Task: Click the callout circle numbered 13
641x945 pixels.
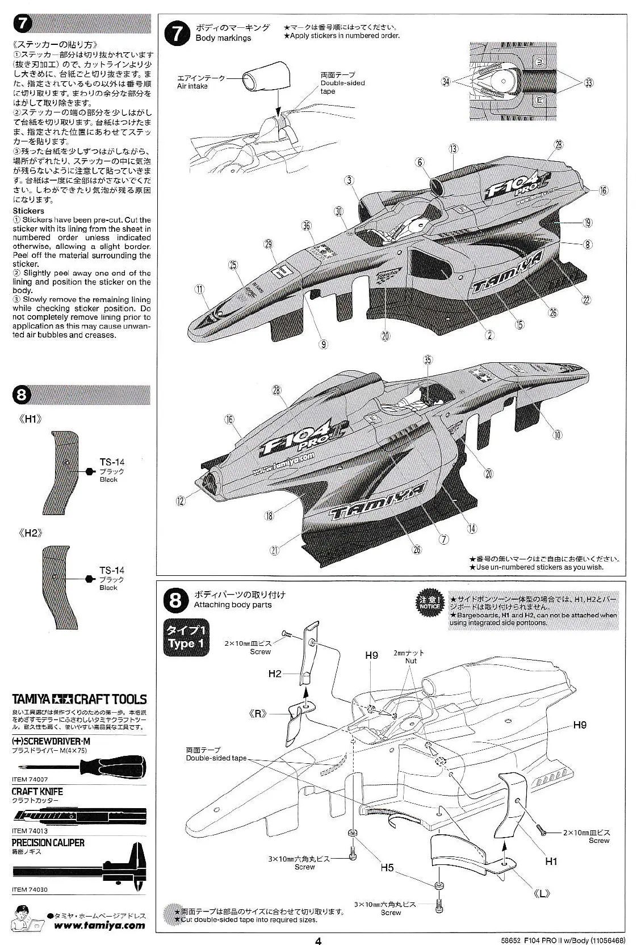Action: [453, 149]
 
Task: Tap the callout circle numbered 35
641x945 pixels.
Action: [427, 359]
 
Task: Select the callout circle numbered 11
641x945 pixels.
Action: [199, 289]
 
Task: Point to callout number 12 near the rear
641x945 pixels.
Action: [181, 500]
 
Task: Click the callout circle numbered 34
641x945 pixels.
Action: [446, 82]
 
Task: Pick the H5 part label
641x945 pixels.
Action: [387, 868]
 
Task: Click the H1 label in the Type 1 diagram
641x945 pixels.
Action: [551, 861]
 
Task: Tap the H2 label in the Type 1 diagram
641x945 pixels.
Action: [275, 674]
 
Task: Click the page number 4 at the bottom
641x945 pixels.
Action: [319, 940]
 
